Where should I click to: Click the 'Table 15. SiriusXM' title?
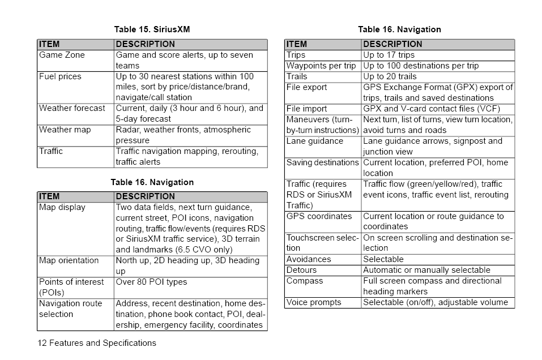point(152,29)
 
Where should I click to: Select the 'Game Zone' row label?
point(62,55)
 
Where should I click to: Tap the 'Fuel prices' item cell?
point(60,76)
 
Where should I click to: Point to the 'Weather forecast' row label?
point(72,108)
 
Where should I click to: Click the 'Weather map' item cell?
point(65,130)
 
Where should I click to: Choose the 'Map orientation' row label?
point(69,260)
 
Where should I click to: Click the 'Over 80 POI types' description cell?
point(151,282)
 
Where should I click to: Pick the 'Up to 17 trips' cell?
point(389,55)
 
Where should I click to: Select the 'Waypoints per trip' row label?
point(321,66)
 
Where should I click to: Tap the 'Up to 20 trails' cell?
point(390,76)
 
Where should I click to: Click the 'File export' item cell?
point(306,87)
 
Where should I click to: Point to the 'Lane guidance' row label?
point(314,141)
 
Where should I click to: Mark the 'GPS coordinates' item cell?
point(319,216)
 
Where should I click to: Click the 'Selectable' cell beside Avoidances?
point(383,259)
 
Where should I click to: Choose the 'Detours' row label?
point(301,270)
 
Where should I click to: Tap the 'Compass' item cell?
point(305,281)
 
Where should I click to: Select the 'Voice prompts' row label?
point(314,302)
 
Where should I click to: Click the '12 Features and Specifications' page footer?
point(97,342)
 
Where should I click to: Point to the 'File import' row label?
point(306,109)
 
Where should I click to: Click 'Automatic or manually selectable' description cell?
point(426,270)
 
